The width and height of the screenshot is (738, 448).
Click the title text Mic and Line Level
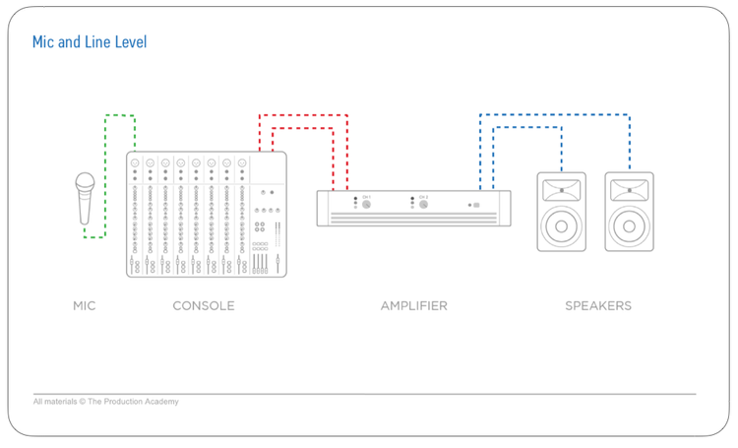coord(90,42)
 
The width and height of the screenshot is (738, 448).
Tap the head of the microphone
coord(86,184)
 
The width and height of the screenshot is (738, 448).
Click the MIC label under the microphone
coord(85,306)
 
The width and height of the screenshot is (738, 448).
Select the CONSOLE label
coord(204,306)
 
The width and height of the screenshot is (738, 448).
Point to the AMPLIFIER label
coord(413,306)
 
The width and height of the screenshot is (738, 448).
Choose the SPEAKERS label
coord(597,306)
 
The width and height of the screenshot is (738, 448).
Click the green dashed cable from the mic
coord(106,167)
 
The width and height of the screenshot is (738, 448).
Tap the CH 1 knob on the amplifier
coord(366,205)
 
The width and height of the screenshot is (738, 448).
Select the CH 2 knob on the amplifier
coord(423,205)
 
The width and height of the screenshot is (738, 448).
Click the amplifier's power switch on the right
coord(476,205)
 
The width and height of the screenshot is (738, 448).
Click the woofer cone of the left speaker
coord(561,226)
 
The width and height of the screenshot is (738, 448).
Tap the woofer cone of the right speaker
coord(629,226)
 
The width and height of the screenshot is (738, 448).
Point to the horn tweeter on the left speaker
coord(561,188)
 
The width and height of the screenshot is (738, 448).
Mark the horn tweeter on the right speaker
coord(629,188)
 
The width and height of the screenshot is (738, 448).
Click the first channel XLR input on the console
coord(135,162)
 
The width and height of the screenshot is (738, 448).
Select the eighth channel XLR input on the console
coord(242,162)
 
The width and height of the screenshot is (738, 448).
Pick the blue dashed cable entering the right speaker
coord(629,148)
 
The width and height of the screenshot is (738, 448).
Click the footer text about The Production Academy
coord(105,402)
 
